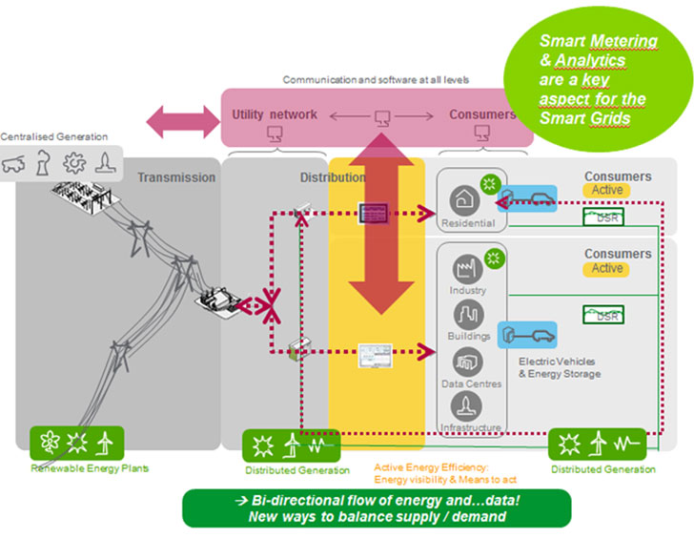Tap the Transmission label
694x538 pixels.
pos(176,177)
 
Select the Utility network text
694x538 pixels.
pos(275,115)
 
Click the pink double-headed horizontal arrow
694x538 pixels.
pos(182,122)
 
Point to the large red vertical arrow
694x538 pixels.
pos(379,224)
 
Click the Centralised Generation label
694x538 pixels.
pos(54,137)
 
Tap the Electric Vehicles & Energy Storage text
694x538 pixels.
pos(560,368)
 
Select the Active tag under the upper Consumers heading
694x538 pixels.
pos(607,191)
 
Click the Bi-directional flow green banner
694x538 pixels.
pos(377,508)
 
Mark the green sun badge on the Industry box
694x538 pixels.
pos(494,258)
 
